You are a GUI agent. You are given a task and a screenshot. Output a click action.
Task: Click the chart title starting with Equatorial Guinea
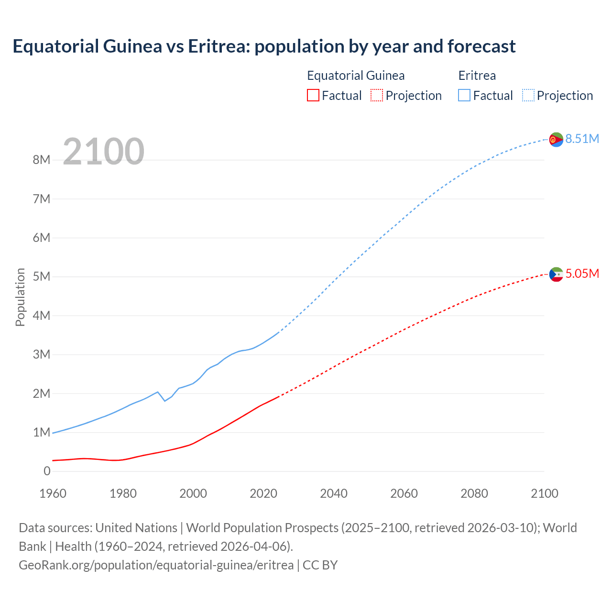[x=264, y=46]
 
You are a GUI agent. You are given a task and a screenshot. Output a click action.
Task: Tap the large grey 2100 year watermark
[x=103, y=152]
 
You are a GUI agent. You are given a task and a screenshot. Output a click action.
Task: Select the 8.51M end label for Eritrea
[x=582, y=139]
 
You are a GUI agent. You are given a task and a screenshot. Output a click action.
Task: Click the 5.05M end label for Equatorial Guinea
[x=582, y=273]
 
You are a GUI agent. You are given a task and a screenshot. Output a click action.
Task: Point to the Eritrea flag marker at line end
[x=556, y=140]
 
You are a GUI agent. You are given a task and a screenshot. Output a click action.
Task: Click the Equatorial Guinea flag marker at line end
[x=556, y=274]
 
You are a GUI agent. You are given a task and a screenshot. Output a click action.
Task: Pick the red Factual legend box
[x=313, y=95]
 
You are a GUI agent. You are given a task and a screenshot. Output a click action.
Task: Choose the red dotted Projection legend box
[x=377, y=95]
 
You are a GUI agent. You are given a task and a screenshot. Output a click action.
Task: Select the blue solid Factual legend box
[x=464, y=95]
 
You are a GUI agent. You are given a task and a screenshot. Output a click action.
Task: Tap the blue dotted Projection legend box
[x=528, y=95]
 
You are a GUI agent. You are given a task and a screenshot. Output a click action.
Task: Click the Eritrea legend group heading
[x=477, y=76]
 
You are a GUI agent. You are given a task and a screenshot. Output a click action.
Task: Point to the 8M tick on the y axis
[x=42, y=160]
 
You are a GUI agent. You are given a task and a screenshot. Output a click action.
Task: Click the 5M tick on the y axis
[x=42, y=276]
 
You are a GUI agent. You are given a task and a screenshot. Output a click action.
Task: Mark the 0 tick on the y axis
[x=47, y=471]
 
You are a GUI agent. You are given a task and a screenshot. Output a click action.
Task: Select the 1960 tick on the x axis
[x=53, y=493]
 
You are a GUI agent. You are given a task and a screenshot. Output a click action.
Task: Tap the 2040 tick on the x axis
[x=334, y=493]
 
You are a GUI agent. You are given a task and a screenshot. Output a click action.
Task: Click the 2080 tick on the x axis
[x=474, y=493]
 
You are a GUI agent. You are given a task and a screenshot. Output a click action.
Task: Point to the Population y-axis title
[x=20, y=297]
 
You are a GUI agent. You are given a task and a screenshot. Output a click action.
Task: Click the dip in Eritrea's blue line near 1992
[x=165, y=401]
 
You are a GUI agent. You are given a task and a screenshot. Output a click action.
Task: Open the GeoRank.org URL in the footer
[x=156, y=565]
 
